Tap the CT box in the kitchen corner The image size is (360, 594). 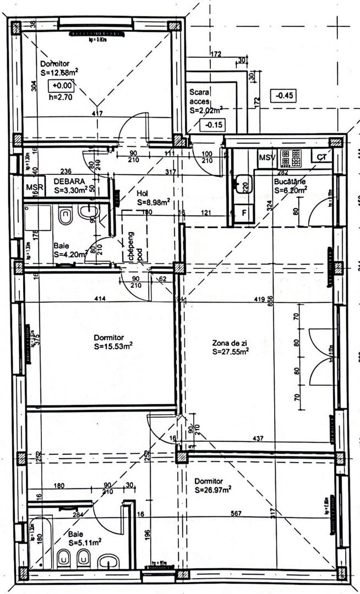click(321, 157)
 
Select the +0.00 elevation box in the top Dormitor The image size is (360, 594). click(61, 85)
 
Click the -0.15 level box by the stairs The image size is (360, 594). click(214, 125)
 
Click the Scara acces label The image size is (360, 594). click(200, 97)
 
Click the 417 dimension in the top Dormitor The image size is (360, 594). click(97, 114)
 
